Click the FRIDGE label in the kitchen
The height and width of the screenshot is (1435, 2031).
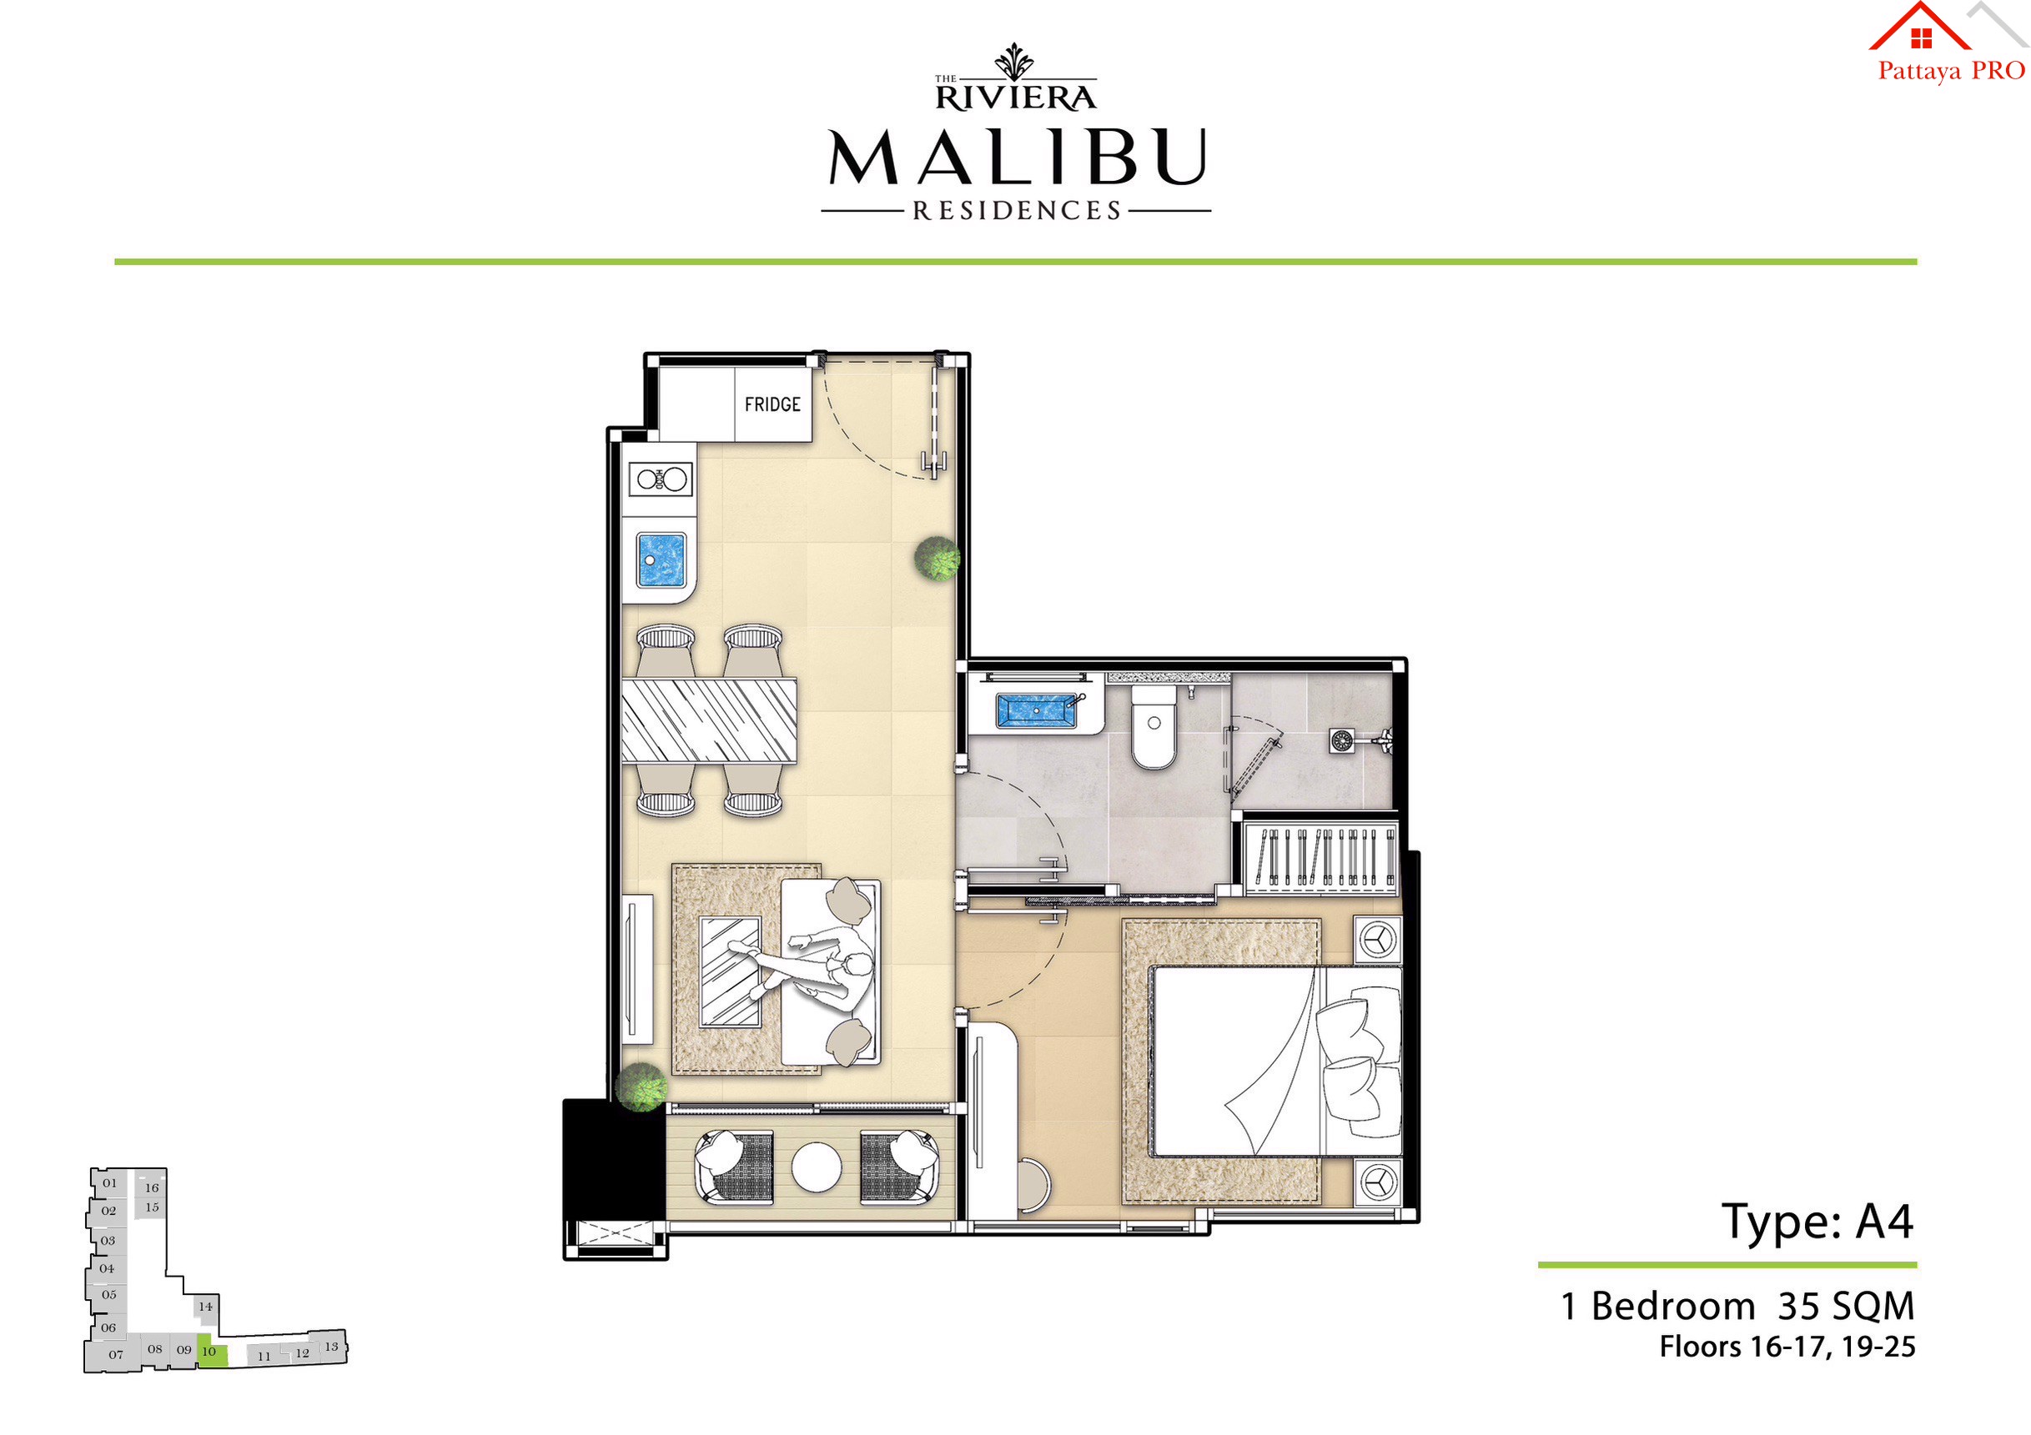click(772, 405)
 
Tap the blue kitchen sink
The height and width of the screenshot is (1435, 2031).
click(661, 560)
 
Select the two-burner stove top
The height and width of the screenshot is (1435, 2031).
click(660, 480)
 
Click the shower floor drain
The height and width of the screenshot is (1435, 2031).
click(1341, 740)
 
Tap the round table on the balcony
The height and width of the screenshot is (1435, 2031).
click(816, 1167)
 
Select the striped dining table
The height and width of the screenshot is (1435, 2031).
click(708, 720)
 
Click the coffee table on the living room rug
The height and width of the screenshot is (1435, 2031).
click(731, 971)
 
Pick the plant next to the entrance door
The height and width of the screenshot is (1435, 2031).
click(937, 559)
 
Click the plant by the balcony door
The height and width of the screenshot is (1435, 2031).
click(641, 1086)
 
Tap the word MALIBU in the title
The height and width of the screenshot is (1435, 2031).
click(1017, 158)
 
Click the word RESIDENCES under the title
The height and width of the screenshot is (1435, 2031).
click(1017, 211)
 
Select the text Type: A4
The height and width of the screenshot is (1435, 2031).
click(1816, 1222)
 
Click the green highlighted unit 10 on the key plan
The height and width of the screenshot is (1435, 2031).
click(211, 1352)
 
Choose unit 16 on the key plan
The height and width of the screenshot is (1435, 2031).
click(152, 1187)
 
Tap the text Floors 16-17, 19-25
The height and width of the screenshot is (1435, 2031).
click(1787, 1347)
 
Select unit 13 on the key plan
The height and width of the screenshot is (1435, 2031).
click(331, 1347)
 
